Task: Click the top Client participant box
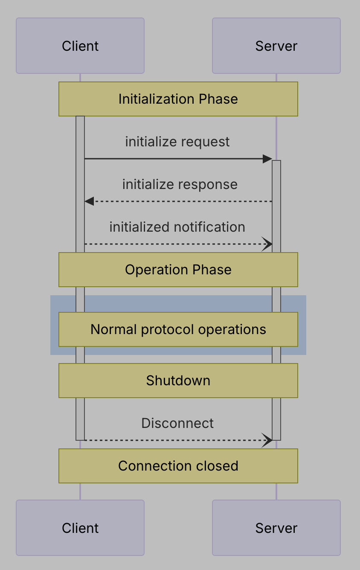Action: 80,46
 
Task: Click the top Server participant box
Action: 276,46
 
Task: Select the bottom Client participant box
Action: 80,528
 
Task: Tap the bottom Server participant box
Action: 276,528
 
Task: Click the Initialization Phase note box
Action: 178,99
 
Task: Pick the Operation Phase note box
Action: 178,270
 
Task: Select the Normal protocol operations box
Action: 178,329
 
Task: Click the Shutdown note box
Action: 178,381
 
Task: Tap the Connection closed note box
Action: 178,466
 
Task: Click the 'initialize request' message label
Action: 177,142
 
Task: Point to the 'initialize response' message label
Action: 180,184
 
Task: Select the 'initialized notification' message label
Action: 177,227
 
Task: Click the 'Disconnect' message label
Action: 177,423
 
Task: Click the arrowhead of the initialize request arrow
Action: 267,159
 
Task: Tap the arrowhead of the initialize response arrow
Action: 89,201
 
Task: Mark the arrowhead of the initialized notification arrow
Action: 268,244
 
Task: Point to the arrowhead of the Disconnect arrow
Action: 268,440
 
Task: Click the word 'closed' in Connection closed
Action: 218,466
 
